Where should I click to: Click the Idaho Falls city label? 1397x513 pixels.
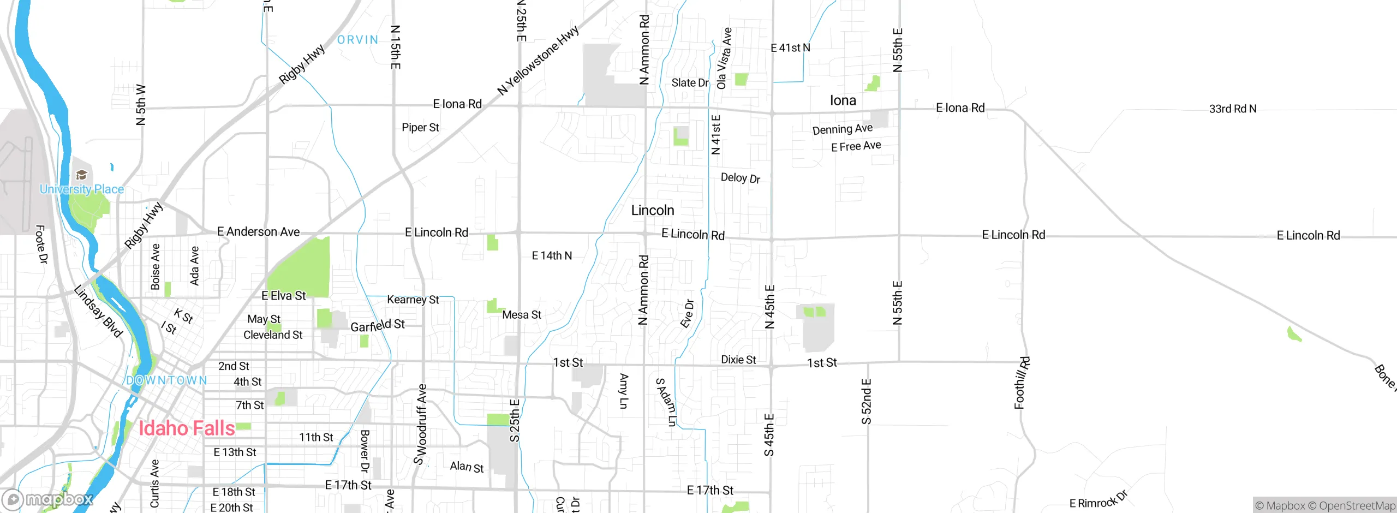[x=187, y=428]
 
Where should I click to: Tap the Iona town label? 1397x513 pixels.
[x=843, y=100]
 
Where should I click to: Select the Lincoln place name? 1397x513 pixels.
[x=653, y=210]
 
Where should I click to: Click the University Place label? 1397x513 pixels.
[x=82, y=189]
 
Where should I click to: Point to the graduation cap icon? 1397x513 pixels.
[x=82, y=175]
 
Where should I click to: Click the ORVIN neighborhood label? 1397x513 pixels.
[x=357, y=40]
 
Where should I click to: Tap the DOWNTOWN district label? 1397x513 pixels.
[x=166, y=380]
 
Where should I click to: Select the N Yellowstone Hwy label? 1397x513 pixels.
[x=538, y=61]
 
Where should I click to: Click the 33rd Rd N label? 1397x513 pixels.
[x=1233, y=109]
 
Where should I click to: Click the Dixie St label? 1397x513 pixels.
[x=738, y=360]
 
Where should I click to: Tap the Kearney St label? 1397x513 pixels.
[x=413, y=300]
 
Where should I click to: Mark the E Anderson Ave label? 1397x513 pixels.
[x=258, y=232]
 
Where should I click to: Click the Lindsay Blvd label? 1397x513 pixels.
[x=98, y=311]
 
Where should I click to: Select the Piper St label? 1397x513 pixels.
[x=420, y=128]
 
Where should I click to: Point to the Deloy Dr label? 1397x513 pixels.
[x=740, y=178]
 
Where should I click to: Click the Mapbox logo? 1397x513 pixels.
[x=48, y=499]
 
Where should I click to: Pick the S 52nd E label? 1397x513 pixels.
[x=866, y=401]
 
